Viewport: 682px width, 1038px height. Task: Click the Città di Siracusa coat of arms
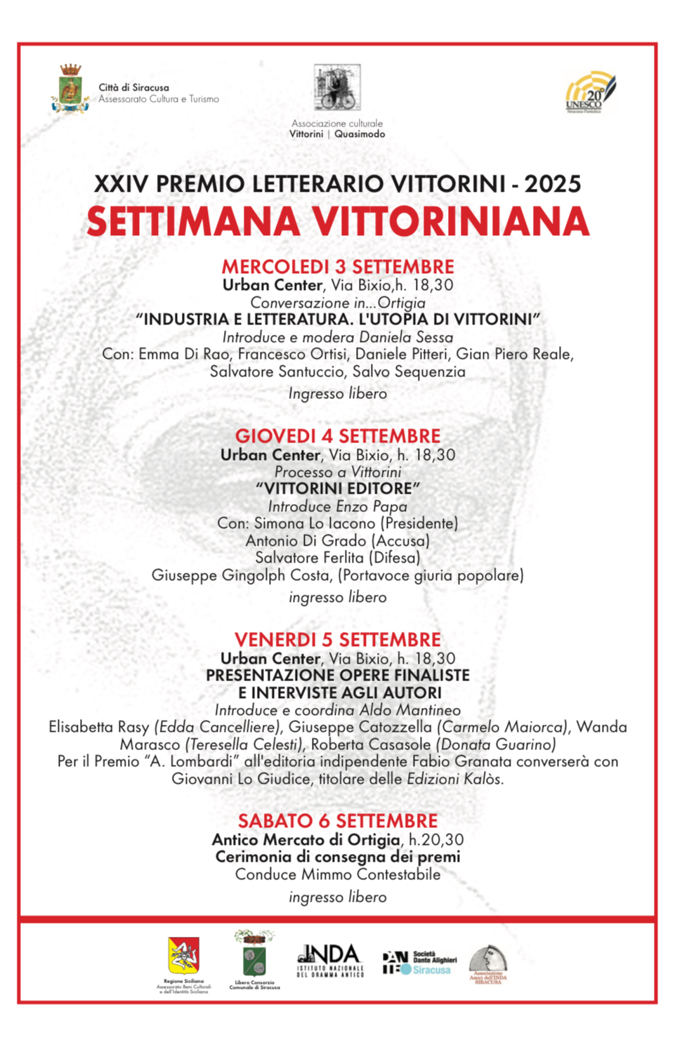pyautogui.click(x=70, y=89)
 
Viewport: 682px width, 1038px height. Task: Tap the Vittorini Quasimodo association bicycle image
pyautogui.click(x=337, y=88)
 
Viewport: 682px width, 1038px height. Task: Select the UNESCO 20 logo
pyautogui.click(x=589, y=92)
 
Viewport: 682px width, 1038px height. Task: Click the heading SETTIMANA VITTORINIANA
pyautogui.click(x=338, y=222)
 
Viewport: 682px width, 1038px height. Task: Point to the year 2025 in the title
pyautogui.click(x=553, y=184)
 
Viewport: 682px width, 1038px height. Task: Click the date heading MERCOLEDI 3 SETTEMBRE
pyautogui.click(x=338, y=267)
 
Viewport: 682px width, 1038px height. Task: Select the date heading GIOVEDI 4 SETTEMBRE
pyautogui.click(x=338, y=436)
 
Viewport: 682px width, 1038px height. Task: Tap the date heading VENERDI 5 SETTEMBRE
pyautogui.click(x=338, y=640)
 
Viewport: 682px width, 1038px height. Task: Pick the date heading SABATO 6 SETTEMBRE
pyautogui.click(x=338, y=821)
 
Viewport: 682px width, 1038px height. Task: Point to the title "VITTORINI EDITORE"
pyautogui.click(x=338, y=489)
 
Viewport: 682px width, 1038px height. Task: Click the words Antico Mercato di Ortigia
pyautogui.click(x=306, y=840)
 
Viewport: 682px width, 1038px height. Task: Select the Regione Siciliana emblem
pyautogui.click(x=183, y=956)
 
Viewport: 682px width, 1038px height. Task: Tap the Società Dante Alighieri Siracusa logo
pyautogui.click(x=419, y=962)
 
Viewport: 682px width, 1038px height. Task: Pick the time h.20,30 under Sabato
pyautogui.click(x=436, y=840)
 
